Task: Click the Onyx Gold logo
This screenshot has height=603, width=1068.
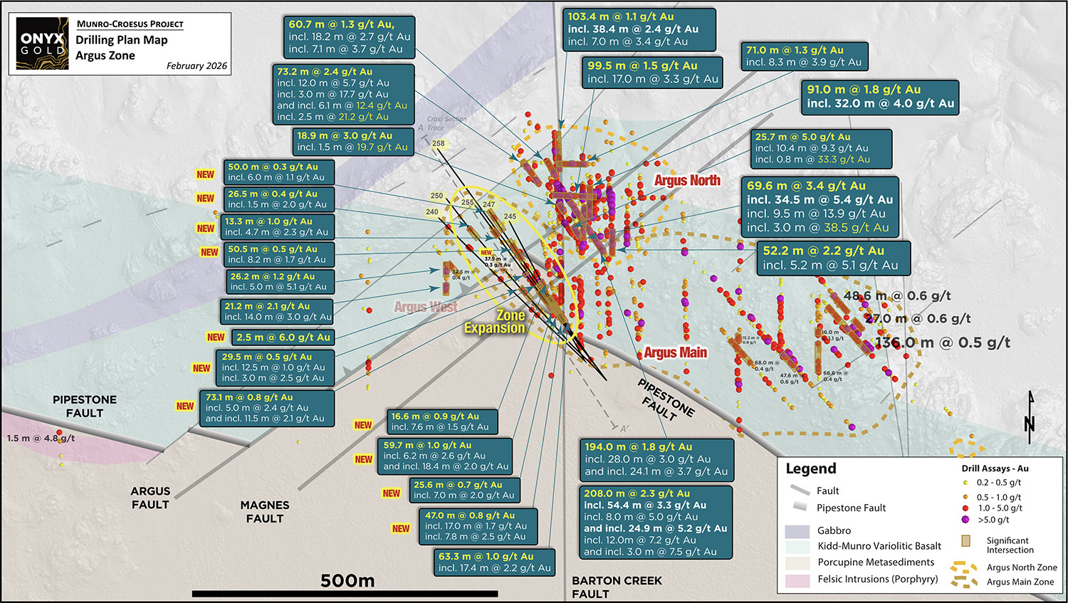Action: pos(43,44)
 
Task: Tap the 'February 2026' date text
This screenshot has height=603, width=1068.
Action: pos(197,66)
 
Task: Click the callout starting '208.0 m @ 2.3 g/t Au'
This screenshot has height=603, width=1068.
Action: pos(656,522)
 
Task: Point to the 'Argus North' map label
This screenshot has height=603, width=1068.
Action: pos(687,181)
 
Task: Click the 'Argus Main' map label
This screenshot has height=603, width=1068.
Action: pos(675,352)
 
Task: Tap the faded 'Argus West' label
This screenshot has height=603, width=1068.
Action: pos(426,307)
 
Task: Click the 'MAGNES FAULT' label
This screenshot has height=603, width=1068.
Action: pos(265,512)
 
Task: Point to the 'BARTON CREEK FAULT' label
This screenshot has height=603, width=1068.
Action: pos(617,587)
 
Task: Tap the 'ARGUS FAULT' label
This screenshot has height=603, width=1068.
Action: pos(150,498)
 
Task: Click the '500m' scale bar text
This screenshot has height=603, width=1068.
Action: pos(347,581)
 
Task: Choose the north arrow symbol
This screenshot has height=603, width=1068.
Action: pos(1030,414)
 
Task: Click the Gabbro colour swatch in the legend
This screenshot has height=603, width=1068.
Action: pos(797,531)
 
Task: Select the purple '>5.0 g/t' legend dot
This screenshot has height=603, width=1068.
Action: pos(965,520)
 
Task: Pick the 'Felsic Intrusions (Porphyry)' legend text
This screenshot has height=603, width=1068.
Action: pos(877,580)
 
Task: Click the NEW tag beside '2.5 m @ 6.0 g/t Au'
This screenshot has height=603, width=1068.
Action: pos(216,337)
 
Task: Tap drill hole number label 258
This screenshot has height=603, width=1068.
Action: pos(438,144)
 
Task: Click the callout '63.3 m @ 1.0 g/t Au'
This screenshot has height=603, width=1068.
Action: pos(494,562)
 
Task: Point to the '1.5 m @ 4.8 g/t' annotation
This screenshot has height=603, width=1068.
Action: pos(41,439)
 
